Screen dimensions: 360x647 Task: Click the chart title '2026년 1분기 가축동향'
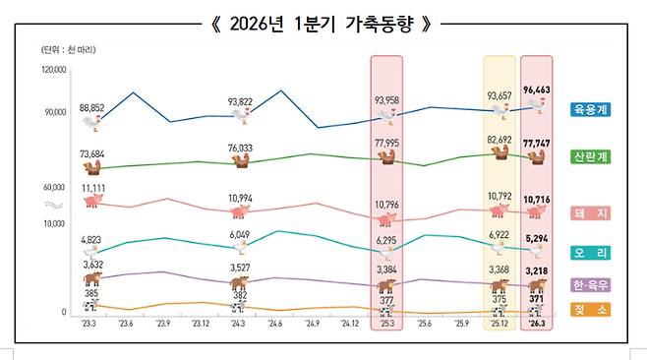(323, 23)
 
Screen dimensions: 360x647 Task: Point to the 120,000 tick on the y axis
(52, 71)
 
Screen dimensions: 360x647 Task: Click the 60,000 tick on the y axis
(54, 186)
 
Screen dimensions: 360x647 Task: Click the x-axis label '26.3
(537, 323)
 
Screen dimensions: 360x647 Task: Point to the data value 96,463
(537, 89)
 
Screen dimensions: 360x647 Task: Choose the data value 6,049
(240, 234)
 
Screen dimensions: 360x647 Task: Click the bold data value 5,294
(537, 238)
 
